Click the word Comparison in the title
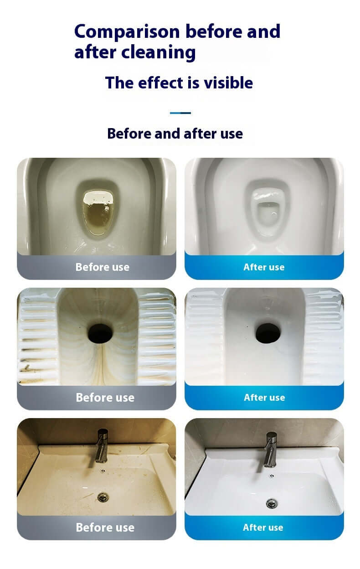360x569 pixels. coord(127,32)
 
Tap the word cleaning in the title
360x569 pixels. coord(159,52)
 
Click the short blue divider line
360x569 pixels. coord(180,113)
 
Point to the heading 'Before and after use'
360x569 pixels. coord(175,134)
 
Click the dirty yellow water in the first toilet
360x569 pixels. coord(98,217)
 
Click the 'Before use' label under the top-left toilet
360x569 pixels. coord(103,267)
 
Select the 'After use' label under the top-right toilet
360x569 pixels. coord(264,267)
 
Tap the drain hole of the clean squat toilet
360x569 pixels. coord(268,333)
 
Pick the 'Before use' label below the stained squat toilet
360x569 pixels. coord(105,398)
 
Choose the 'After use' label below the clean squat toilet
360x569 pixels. coord(265,398)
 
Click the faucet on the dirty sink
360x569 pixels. coord(102,446)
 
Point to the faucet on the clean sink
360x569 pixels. coord(271,450)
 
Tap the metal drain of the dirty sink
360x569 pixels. coord(103,497)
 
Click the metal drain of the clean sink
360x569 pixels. coord(272,503)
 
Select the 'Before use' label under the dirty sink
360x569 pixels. coord(105,528)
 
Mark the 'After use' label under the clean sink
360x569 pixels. coord(263,528)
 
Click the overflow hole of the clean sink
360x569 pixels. coord(272,476)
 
